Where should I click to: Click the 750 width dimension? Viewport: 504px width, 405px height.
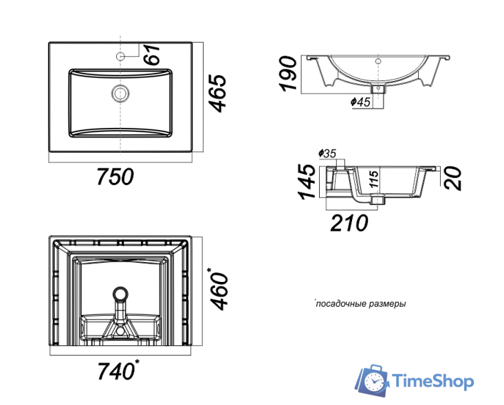click(115, 177)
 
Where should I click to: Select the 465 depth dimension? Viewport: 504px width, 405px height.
click(217, 94)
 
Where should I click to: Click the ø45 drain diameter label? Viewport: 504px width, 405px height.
click(360, 102)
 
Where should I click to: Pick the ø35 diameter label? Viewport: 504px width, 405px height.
click(327, 153)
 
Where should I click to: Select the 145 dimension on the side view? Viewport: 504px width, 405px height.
click(307, 182)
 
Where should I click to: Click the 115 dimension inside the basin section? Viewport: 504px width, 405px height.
click(373, 179)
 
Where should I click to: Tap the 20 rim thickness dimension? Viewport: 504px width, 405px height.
click(452, 178)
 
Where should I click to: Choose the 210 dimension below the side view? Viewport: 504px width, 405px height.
click(349, 223)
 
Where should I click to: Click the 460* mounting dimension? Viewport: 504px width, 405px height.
click(219, 289)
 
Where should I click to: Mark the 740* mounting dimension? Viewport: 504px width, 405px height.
click(118, 370)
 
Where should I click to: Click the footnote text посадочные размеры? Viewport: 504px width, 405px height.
click(360, 304)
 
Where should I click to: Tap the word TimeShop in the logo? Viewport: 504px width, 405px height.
click(434, 381)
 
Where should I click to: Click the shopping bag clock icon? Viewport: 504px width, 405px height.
click(373, 380)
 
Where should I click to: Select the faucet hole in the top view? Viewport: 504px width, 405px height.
click(120, 56)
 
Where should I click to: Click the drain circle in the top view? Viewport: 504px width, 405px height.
click(120, 94)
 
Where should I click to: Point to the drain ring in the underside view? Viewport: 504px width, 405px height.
click(120, 294)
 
